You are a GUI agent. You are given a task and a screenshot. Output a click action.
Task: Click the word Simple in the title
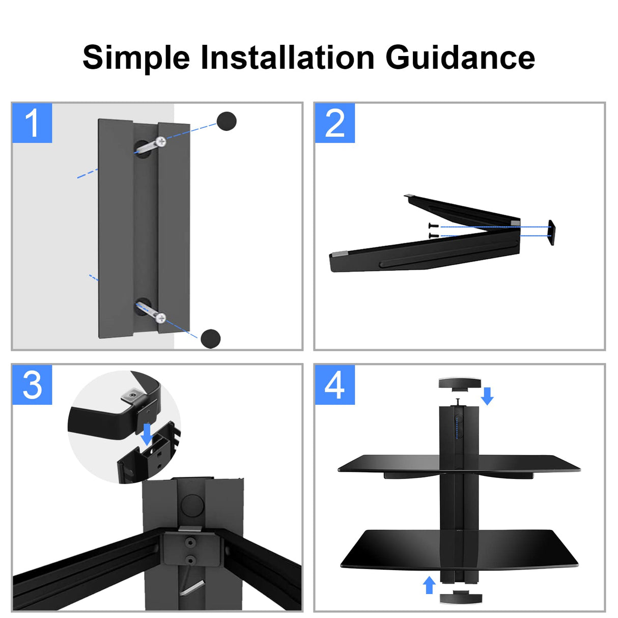pyautogui.click(x=136, y=58)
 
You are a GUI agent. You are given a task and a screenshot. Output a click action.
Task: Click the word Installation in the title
pyautogui.click(x=288, y=57)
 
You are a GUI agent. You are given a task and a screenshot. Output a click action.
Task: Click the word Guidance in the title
pyautogui.click(x=460, y=57)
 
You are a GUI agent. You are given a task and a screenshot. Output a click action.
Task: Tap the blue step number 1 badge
pyautogui.click(x=32, y=123)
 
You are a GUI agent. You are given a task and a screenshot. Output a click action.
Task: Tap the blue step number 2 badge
pyautogui.click(x=334, y=123)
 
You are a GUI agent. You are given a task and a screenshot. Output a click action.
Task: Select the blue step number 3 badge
pyautogui.click(x=32, y=385)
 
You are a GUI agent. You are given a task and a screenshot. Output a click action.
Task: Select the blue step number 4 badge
pyautogui.click(x=334, y=385)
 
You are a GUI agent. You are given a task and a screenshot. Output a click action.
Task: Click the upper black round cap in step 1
pyautogui.click(x=227, y=121)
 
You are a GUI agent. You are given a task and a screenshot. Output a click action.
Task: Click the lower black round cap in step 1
pyautogui.click(x=210, y=339)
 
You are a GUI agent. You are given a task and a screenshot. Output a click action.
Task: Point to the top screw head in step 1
pyautogui.click(x=160, y=142)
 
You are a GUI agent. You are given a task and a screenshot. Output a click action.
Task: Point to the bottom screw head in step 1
pyautogui.click(x=160, y=318)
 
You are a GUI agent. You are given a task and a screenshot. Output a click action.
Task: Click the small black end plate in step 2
pyautogui.click(x=551, y=233)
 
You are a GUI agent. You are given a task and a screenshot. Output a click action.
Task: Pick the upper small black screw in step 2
pyautogui.click(x=433, y=226)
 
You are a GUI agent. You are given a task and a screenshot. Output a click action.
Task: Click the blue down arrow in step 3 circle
pyautogui.click(x=147, y=434)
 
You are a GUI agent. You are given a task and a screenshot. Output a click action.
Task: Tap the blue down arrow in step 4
pyautogui.click(x=487, y=396)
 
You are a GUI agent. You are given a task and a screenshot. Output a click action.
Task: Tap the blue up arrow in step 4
pyautogui.click(x=429, y=585)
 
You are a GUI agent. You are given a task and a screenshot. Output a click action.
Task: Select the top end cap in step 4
pyautogui.click(x=459, y=383)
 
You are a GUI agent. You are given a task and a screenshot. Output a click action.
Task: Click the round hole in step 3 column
pyautogui.click(x=192, y=504)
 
